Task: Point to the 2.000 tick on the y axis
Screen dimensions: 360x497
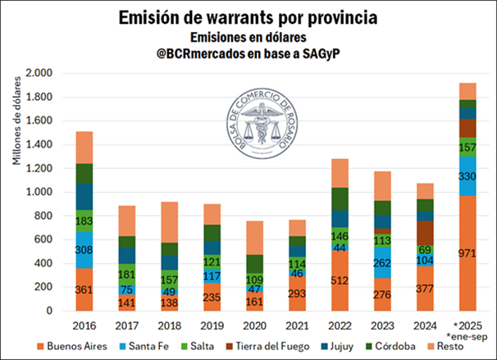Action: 38,73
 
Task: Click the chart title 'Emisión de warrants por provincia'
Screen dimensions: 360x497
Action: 248,17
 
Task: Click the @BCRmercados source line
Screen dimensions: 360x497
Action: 248,56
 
